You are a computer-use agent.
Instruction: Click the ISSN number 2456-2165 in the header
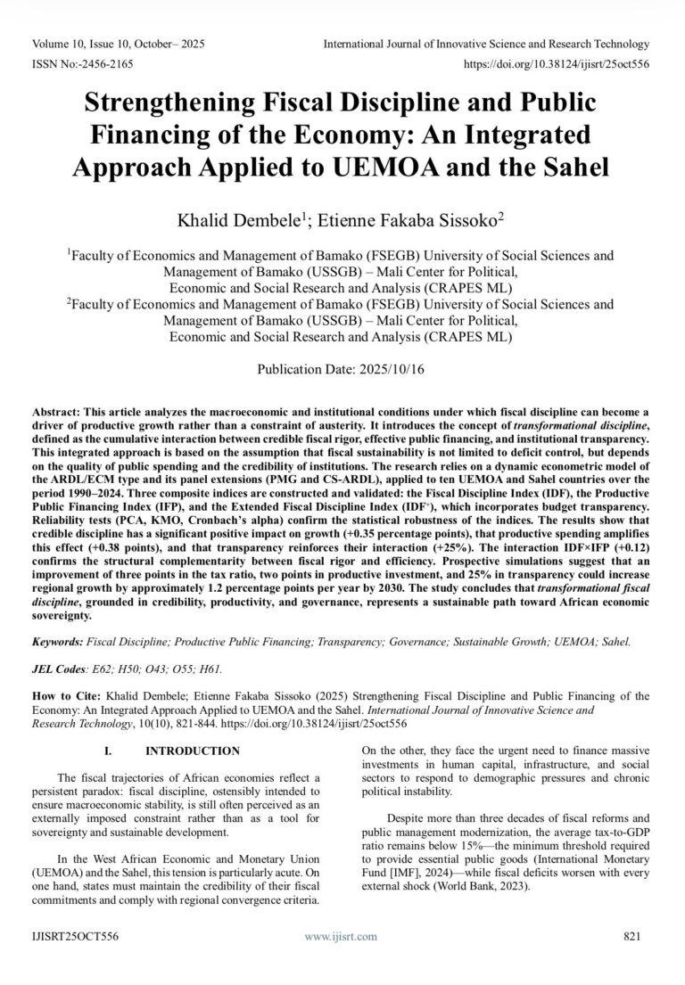pyautogui.click(x=98, y=65)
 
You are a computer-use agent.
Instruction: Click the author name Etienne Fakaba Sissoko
pyautogui.click(x=419, y=218)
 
